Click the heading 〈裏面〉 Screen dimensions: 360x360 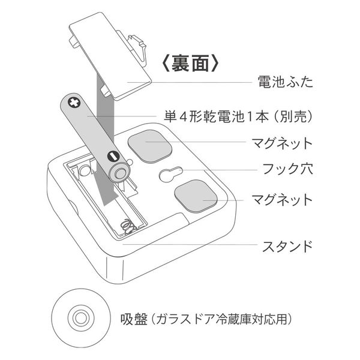click(x=191, y=64)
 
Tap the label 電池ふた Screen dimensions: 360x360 click(x=285, y=82)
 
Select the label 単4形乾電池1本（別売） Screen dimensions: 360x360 click(x=238, y=116)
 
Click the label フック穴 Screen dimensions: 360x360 click(x=287, y=169)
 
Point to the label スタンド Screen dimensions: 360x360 click(x=287, y=247)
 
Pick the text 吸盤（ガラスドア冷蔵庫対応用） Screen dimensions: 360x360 click(x=206, y=319)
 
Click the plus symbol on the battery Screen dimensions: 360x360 click(x=74, y=103)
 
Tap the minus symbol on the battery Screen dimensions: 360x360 click(x=113, y=157)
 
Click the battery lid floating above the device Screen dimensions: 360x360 click(x=110, y=56)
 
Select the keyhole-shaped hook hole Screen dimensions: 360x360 click(x=170, y=173)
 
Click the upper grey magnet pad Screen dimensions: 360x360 click(x=149, y=146)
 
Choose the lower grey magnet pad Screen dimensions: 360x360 click(x=196, y=196)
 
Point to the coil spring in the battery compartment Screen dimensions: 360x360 click(x=128, y=226)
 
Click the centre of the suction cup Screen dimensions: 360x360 click(x=81, y=318)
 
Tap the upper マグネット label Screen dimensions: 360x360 click(x=283, y=143)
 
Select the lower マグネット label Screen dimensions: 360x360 click(x=283, y=200)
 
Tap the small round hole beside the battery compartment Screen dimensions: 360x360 click(x=130, y=163)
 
